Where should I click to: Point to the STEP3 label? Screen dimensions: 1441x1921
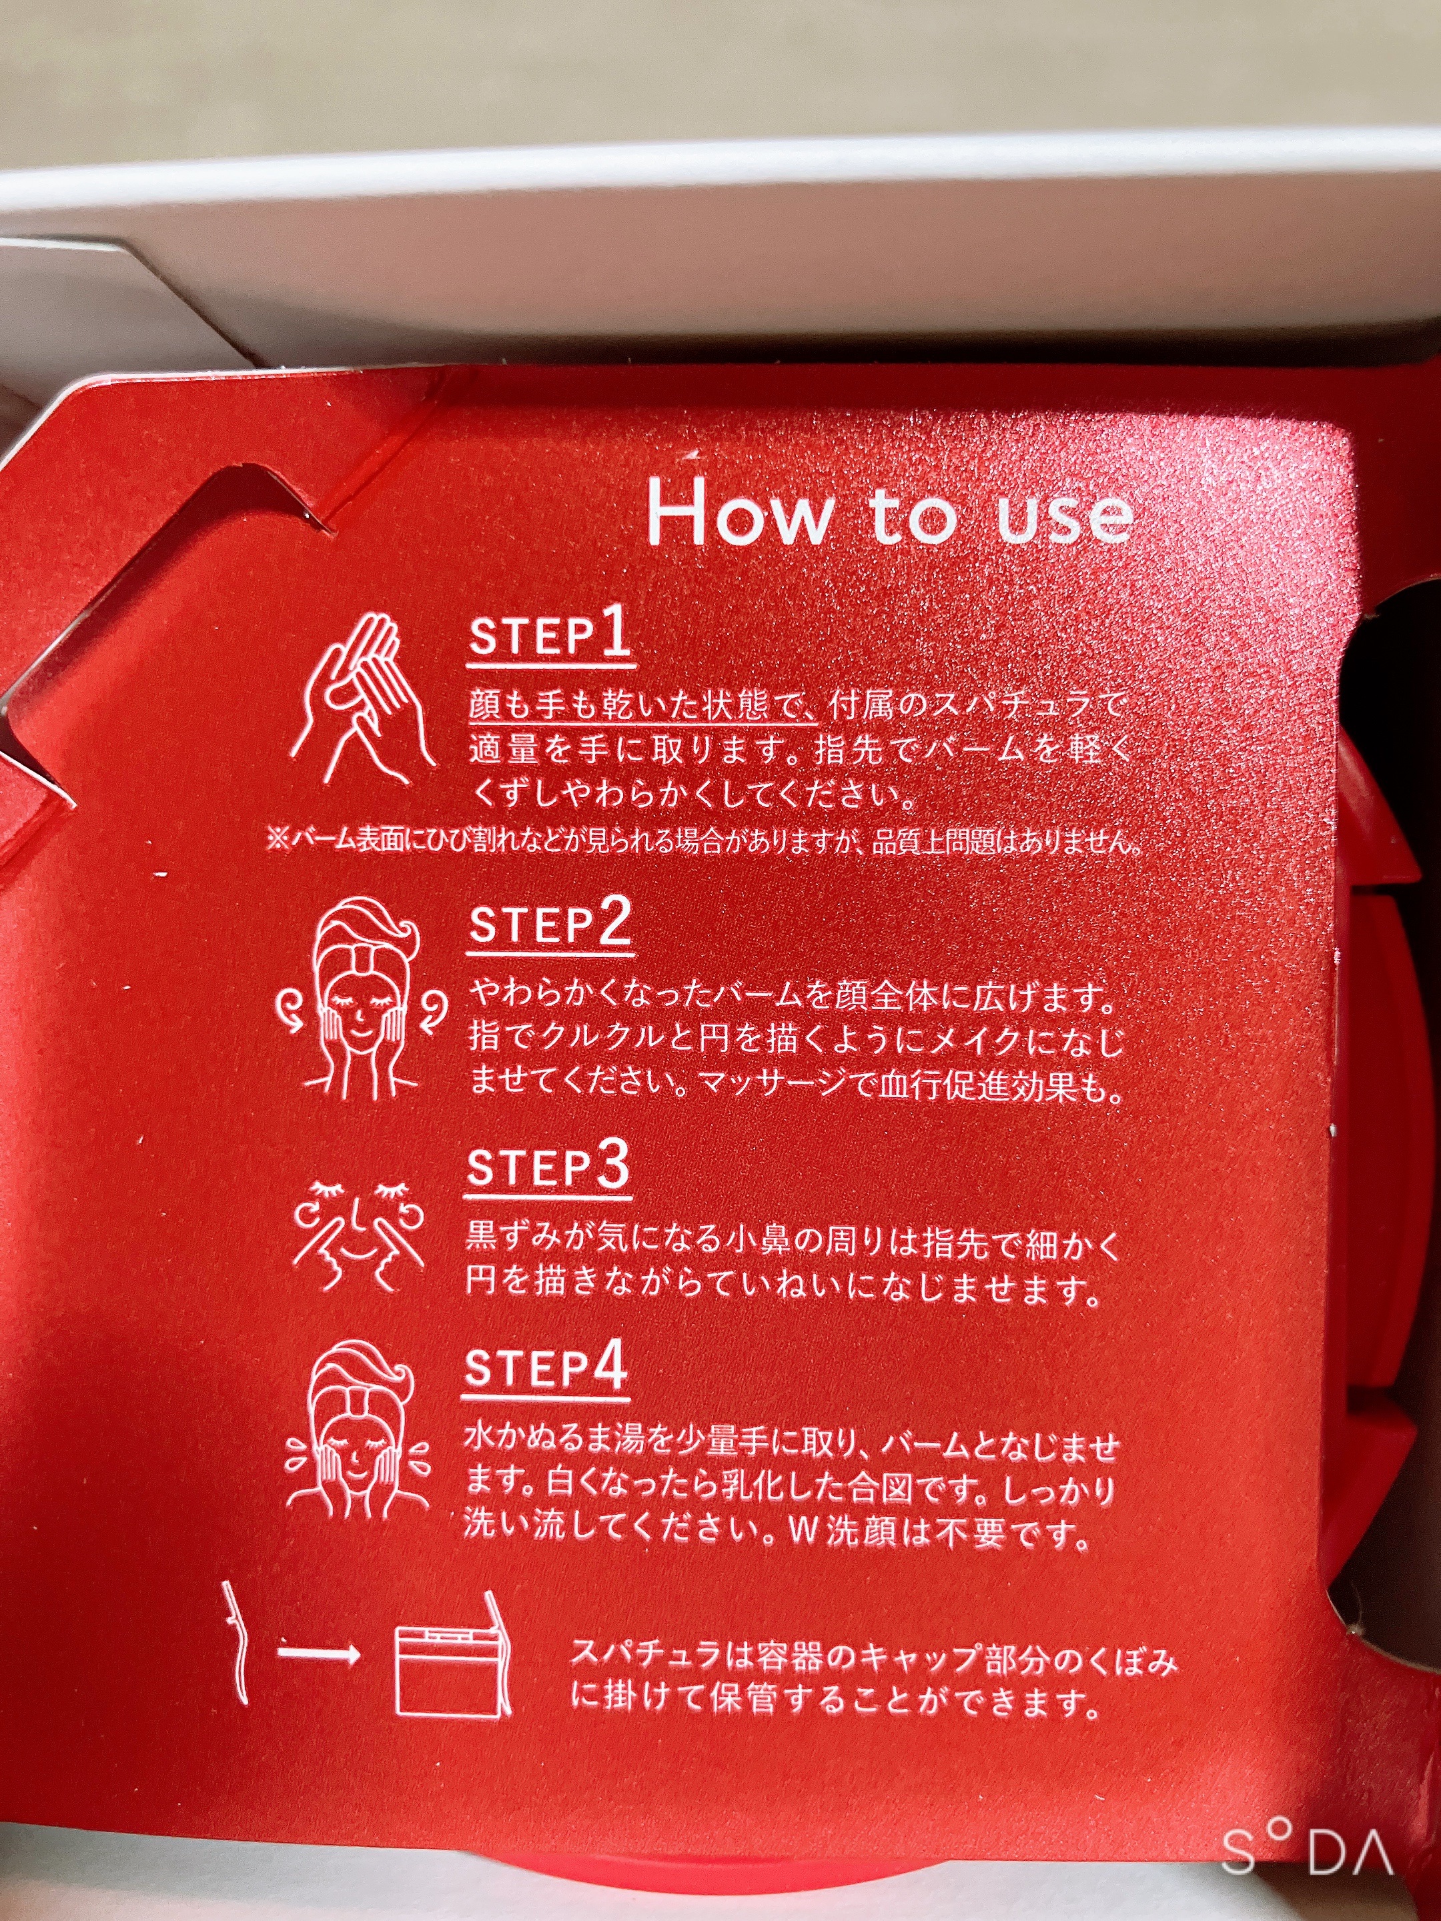[x=547, y=1167]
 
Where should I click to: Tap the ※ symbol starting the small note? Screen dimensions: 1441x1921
[x=277, y=840]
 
